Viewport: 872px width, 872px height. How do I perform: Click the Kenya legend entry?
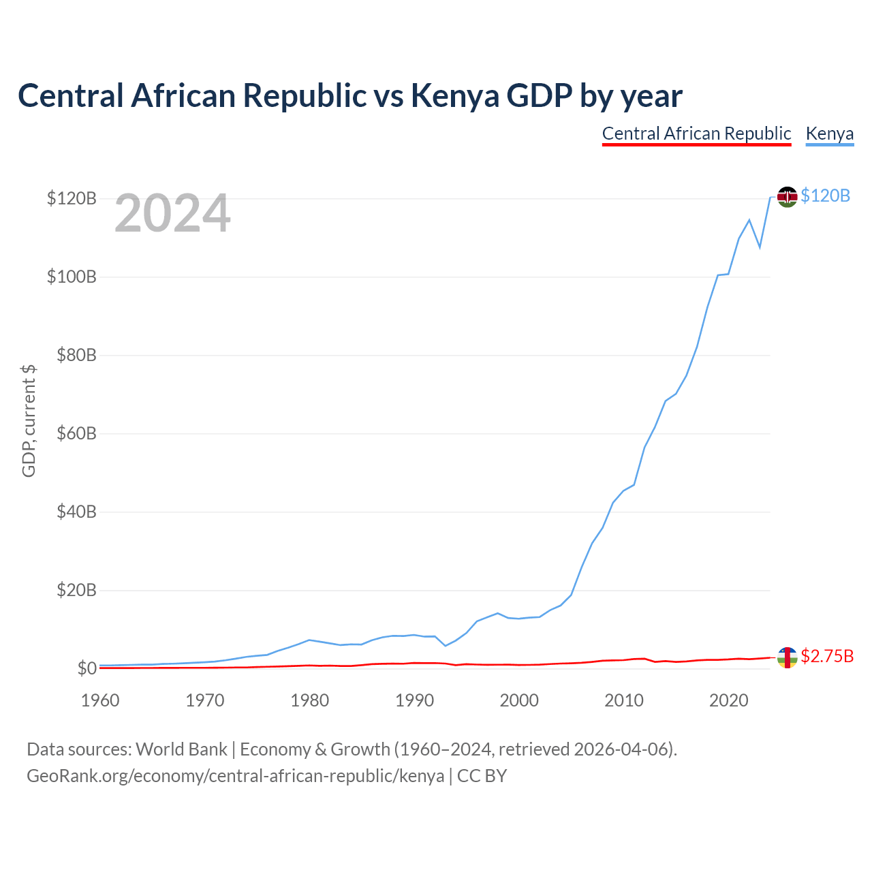coord(830,134)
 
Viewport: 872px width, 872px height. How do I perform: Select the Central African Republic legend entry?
coord(696,134)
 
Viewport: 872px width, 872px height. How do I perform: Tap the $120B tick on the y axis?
coord(72,198)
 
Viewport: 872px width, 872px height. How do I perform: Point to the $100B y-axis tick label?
coord(72,277)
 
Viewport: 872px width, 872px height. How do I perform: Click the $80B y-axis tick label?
coord(76,355)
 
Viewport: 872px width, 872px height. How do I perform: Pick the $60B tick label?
coord(76,433)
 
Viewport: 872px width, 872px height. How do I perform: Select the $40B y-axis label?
coord(76,512)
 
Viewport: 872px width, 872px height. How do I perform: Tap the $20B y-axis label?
coord(76,590)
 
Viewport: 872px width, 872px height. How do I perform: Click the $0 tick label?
coord(87,668)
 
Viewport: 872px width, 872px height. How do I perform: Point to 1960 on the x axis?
coord(100,700)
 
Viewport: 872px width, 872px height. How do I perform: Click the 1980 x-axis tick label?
coord(309,700)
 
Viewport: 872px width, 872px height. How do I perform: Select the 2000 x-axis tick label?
coord(519,700)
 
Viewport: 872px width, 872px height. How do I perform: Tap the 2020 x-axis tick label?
coord(728,700)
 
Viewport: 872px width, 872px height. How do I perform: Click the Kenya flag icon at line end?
coord(787,197)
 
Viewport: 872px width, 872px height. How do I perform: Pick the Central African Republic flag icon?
coord(787,657)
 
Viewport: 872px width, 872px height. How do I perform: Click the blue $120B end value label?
coord(826,196)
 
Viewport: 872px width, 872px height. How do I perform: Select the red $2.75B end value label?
coord(827,656)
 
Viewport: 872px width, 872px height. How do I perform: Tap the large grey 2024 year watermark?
coord(172,213)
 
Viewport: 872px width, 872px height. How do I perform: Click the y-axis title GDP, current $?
coord(29,420)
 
